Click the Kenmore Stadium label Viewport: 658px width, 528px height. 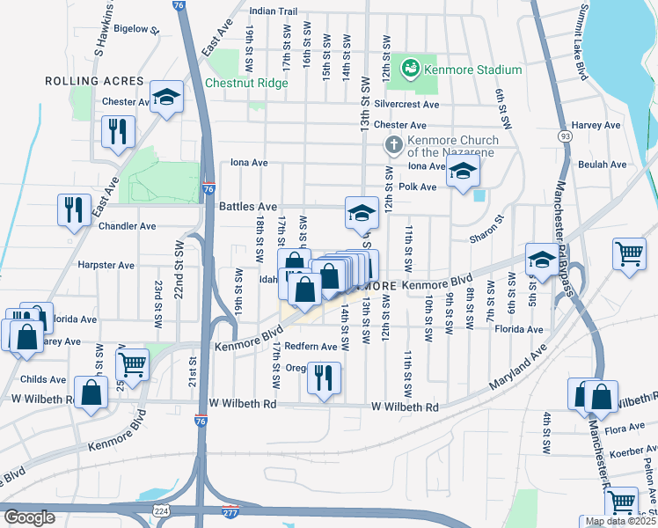472,70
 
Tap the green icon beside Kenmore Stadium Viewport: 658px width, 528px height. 410,69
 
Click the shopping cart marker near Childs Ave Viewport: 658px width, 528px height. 132,363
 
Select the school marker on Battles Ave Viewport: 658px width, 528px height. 360,213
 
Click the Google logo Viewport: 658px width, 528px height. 29,517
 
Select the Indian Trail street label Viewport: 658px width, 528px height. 273,11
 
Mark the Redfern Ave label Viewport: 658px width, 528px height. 311,347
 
